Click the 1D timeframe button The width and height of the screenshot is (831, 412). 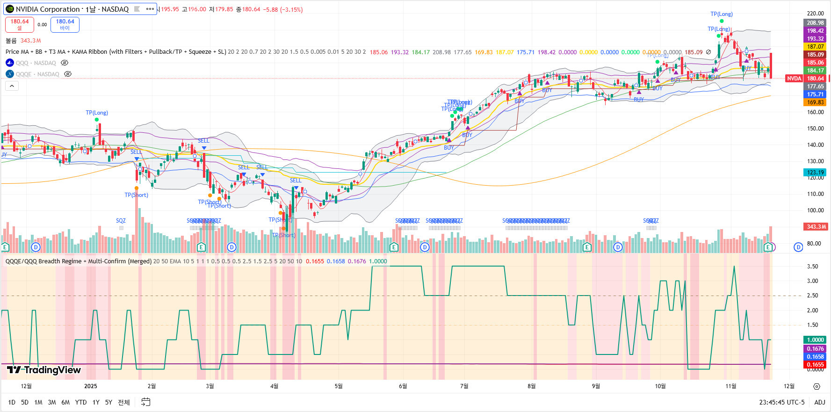(x=12, y=402)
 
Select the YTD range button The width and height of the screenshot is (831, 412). (x=81, y=402)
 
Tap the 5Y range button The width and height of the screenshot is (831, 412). (x=108, y=402)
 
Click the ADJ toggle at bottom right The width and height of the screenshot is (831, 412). (x=819, y=402)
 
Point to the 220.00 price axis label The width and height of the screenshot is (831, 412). (x=815, y=14)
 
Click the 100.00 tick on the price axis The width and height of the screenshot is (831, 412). (x=815, y=210)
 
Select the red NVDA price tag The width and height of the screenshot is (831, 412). (x=794, y=79)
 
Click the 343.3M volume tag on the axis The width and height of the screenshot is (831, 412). (x=816, y=227)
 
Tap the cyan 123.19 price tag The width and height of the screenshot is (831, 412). (x=815, y=172)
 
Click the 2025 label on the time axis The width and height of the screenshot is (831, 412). (x=90, y=386)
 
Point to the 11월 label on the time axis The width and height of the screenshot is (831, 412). (x=731, y=386)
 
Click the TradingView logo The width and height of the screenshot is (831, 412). (x=44, y=370)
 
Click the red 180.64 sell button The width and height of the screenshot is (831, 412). (x=19, y=24)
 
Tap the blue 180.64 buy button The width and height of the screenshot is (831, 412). (x=65, y=24)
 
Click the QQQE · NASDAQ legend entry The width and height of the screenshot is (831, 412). (x=37, y=74)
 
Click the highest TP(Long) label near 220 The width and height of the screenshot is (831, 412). (x=722, y=14)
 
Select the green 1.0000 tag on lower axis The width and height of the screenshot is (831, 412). (x=815, y=340)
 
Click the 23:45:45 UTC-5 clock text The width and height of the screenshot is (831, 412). (x=782, y=402)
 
